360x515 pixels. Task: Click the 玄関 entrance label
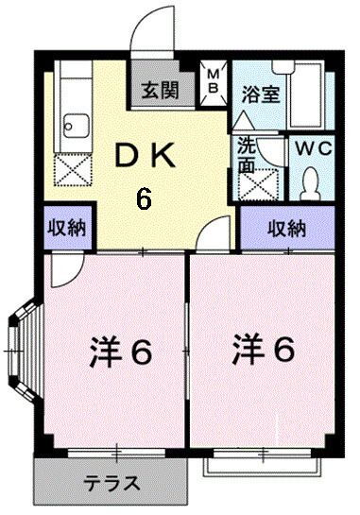coord(161,90)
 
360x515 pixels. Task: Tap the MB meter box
coord(214,83)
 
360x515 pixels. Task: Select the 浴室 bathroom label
coord(261,94)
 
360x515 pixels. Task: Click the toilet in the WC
coord(311,183)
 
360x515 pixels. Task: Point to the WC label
coord(314,148)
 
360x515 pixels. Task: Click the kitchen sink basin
coord(77,126)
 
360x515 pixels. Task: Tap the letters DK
coord(144,156)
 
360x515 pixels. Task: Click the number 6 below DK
coord(144,199)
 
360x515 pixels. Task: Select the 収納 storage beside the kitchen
coord(68,228)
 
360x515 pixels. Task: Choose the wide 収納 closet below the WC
coord(287,228)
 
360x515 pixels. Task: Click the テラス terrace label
coord(111,484)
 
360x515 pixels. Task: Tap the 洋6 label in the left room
coord(121,352)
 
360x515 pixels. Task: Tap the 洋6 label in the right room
coord(263,350)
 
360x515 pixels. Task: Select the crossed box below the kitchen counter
coord(73,170)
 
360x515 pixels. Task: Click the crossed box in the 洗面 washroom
coord(259,184)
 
